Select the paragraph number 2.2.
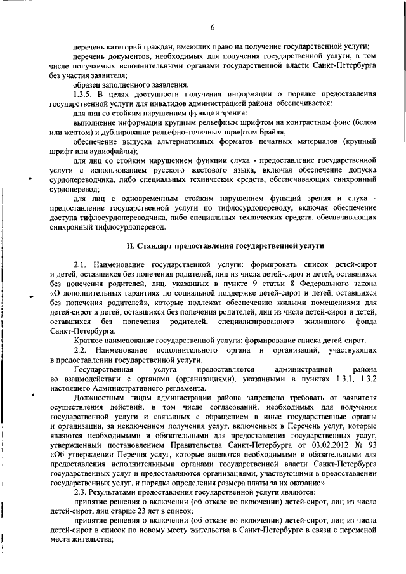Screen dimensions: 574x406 point(81,351)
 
